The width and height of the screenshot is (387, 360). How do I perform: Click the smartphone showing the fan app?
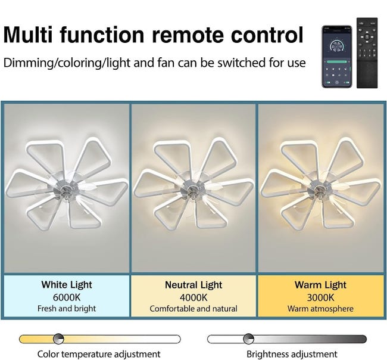pyautogui.click(x=336, y=57)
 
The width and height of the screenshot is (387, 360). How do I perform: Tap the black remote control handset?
pyautogui.click(x=367, y=52)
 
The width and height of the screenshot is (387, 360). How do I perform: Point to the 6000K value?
pyautogui.click(x=67, y=297)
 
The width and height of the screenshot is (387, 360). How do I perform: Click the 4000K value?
pyautogui.click(x=193, y=297)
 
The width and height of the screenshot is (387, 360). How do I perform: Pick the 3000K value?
pyautogui.click(x=320, y=297)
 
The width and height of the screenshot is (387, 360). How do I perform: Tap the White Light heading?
pyautogui.click(x=67, y=285)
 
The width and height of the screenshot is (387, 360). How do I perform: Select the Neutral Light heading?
pyautogui.click(x=193, y=285)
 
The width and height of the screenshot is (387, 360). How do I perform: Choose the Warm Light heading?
pyautogui.click(x=320, y=285)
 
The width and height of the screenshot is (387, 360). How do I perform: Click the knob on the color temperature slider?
pyautogui.click(x=58, y=339)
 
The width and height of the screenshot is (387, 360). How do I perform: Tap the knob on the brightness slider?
pyautogui.click(x=248, y=339)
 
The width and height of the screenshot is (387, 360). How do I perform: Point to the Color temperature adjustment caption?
pyautogui.click(x=99, y=354)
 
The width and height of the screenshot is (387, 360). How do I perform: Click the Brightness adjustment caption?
pyautogui.click(x=292, y=354)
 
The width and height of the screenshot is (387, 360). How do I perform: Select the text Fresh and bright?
pyautogui.click(x=67, y=308)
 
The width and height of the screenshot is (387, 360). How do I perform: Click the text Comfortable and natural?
pyautogui.click(x=193, y=309)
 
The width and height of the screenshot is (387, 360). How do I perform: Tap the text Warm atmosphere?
pyautogui.click(x=320, y=309)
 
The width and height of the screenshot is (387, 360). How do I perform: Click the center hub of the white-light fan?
pyautogui.click(x=65, y=190)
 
